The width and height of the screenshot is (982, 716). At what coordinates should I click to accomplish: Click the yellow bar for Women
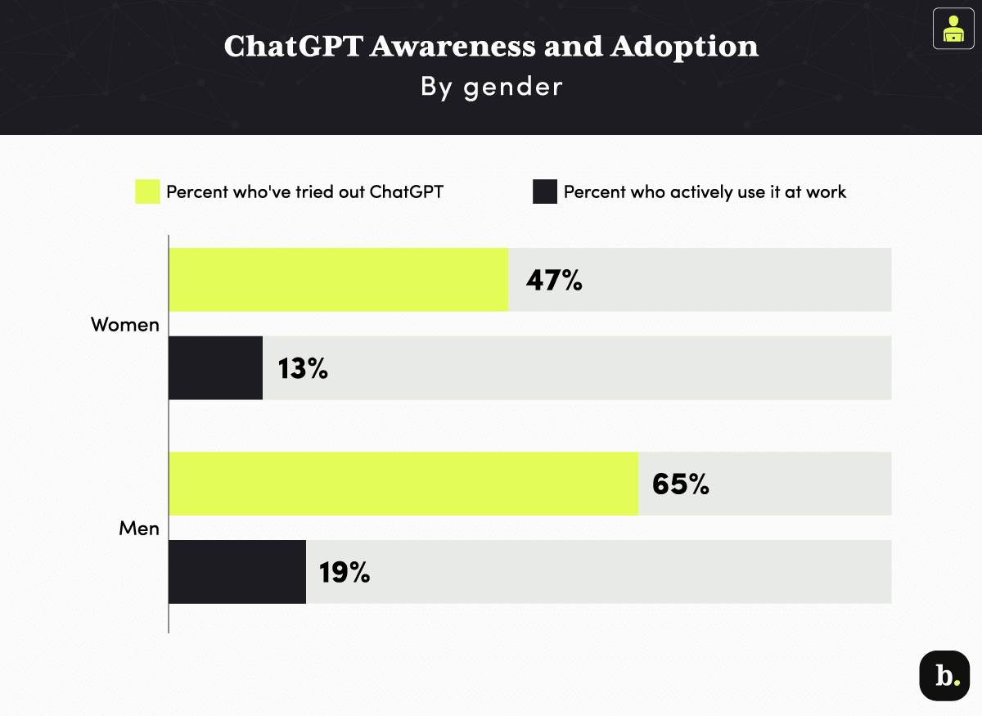[x=338, y=280]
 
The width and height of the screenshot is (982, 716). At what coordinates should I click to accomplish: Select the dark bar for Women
[x=216, y=368]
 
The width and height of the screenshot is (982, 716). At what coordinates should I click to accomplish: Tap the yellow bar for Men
[x=403, y=484]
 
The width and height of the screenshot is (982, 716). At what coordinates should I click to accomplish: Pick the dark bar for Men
[x=237, y=572]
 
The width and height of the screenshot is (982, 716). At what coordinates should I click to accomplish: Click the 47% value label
[x=554, y=281]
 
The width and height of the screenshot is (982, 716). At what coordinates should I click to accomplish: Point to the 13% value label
[x=302, y=369]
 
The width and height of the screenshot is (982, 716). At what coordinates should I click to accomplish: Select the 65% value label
[x=680, y=484]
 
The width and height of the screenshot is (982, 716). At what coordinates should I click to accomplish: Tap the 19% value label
[x=345, y=573]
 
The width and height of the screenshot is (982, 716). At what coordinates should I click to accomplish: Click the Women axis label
[x=124, y=325]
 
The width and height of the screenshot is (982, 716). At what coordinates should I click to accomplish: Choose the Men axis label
[x=139, y=529]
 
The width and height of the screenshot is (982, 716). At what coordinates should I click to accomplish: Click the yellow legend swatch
[x=147, y=192]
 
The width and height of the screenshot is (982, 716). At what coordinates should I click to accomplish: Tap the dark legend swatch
[x=545, y=192]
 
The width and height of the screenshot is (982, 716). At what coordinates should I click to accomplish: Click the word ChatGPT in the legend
[x=406, y=192]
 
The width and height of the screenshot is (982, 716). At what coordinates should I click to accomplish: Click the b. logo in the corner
[x=944, y=676]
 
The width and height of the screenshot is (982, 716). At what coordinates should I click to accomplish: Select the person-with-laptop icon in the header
[x=953, y=29]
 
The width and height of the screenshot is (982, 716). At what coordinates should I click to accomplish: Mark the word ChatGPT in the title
[x=291, y=47]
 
